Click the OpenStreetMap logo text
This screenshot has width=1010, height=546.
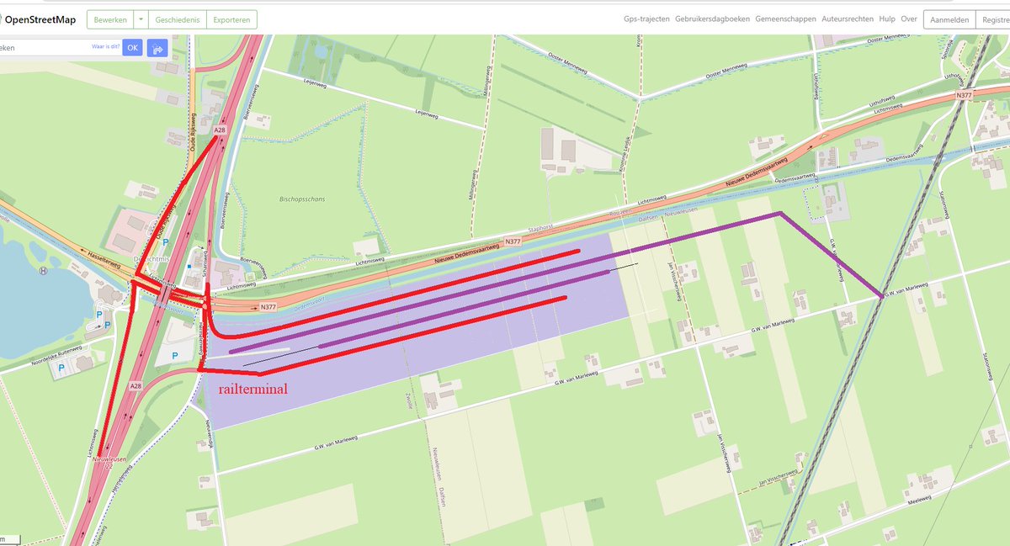tap(45, 19)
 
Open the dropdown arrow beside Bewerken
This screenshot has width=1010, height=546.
tap(141, 19)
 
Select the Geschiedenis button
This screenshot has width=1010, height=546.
tap(177, 19)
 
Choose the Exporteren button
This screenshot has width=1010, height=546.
tap(231, 19)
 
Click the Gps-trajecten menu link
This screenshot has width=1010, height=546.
tap(646, 19)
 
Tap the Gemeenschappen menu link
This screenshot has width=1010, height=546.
tap(785, 19)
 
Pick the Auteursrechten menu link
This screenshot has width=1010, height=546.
tap(848, 19)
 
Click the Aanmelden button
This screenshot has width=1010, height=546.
tap(949, 19)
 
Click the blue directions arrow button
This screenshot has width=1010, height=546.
tap(157, 48)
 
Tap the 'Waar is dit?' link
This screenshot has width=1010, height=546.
tap(106, 47)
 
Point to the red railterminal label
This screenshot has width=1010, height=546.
tap(252, 390)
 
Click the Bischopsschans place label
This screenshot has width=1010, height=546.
tap(301, 199)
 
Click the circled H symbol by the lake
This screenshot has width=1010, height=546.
tap(42, 271)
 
